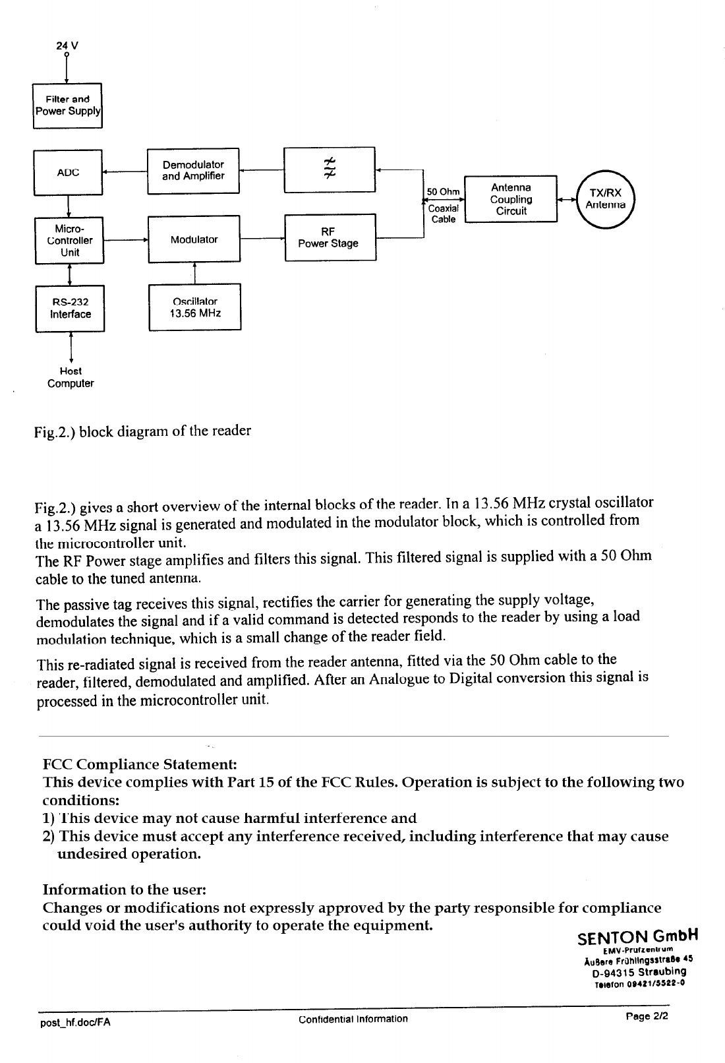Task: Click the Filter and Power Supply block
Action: [x=68, y=106]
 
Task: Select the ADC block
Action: [x=68, y=173]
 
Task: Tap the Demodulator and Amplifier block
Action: [x=193, y=171]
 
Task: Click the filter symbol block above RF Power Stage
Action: [x=329, y=170]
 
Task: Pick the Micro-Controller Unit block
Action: [x=69, y=241]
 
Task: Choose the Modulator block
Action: [x=194, y=239]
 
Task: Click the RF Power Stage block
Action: [x=330, y=237]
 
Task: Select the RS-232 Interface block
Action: [x=70, y=309]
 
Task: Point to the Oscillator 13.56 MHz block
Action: [x=194, y=307]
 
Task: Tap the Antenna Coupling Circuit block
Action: [x=511, y=199]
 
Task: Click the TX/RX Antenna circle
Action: [x=605, y=198]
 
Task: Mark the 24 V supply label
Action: [x=67, y=46]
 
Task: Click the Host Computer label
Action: [x=71, y=378]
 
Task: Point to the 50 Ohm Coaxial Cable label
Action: [x=443, y=205]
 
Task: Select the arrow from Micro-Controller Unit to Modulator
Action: [x=125, y=240]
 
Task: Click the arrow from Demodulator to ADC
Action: [x=125, y=173]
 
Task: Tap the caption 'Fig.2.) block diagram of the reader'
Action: [x=144, y=432]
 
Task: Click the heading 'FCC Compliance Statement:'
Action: [x=140, y=765]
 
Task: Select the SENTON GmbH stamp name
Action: [x=637, y=937]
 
